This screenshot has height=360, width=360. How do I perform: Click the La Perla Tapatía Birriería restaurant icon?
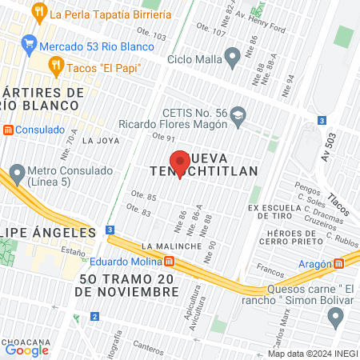[39, 14]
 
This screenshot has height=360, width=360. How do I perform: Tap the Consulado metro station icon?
[8, 130]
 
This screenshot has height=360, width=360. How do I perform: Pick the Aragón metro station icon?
[339, 263]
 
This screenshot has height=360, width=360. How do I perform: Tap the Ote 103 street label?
[153, 37]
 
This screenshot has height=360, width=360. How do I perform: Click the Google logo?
[27, 350]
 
